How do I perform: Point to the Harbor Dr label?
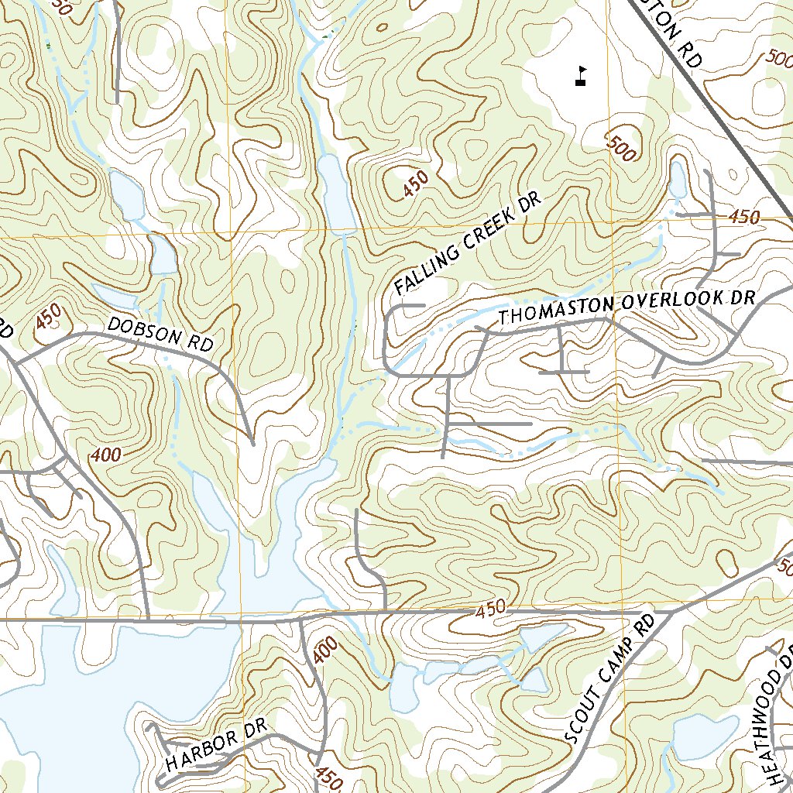(215, 745)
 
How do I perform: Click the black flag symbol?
(581, 75)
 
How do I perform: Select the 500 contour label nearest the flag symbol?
(621, 147)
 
